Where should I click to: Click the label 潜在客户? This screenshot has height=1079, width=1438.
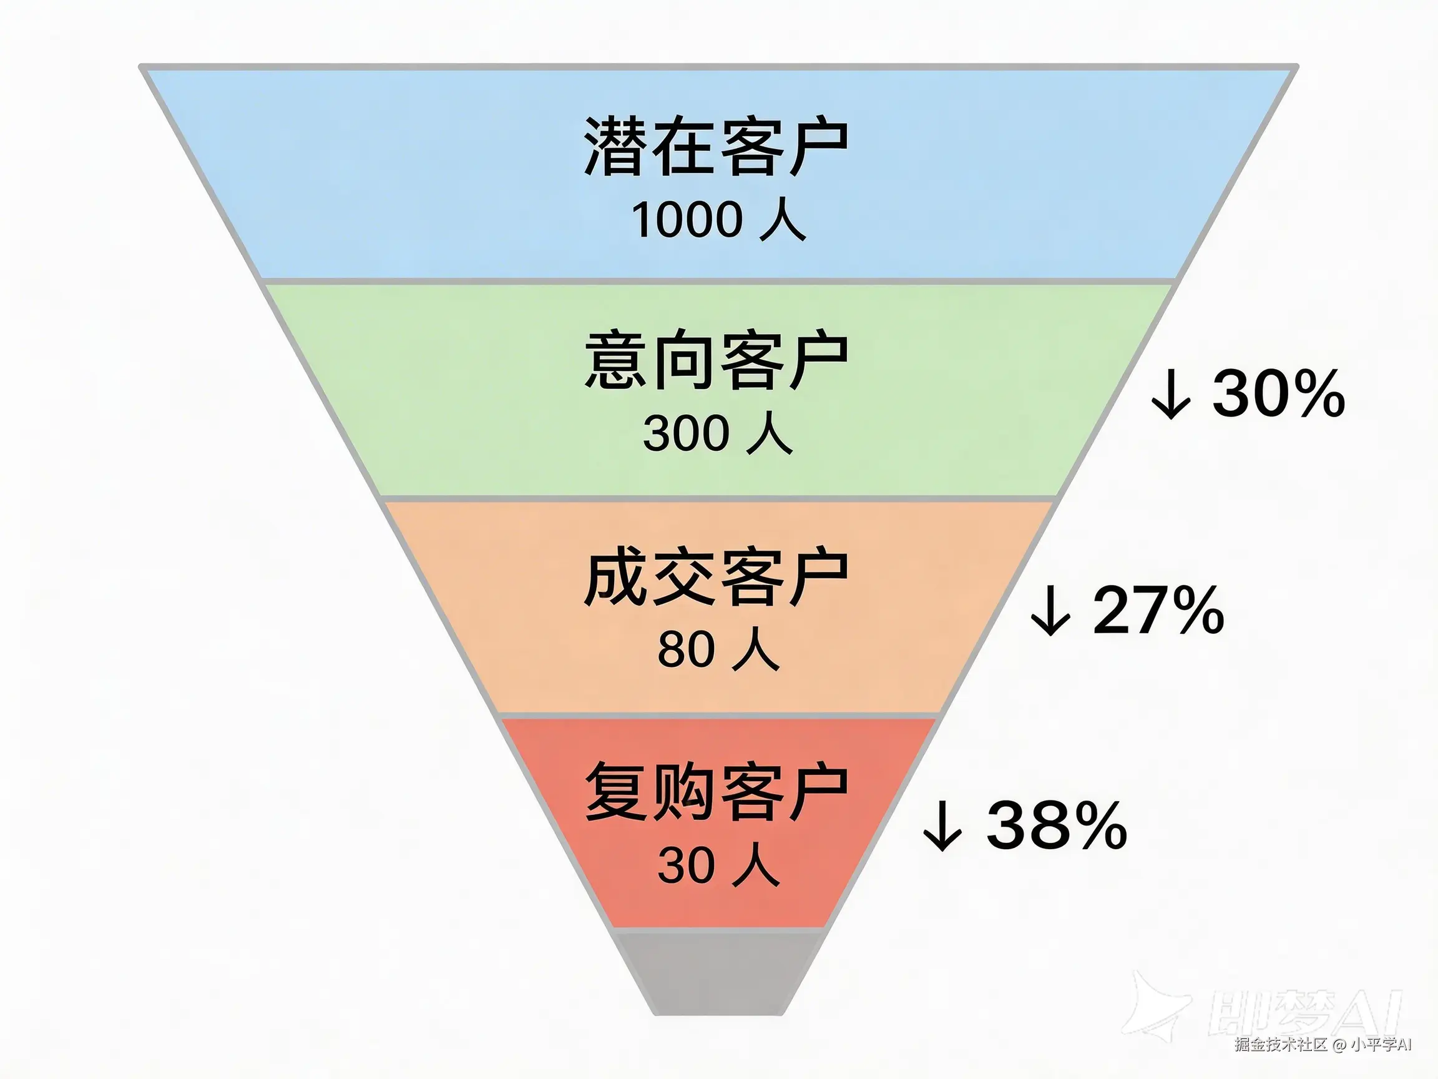tap(716, 146)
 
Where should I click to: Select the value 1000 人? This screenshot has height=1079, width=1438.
tap(718, 220)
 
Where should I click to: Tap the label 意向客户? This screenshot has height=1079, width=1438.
tap(716, 361)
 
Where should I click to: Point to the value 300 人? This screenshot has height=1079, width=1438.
tap(718, 434)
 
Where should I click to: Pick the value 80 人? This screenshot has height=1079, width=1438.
tap(718, 650)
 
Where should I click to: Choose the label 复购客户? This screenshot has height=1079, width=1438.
tap(716, 793)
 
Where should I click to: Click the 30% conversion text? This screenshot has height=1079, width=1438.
tap(1278, 393)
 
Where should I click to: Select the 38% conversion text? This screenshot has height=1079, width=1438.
tap(1057, 825)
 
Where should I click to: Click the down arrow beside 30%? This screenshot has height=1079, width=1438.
tap(1171, 395)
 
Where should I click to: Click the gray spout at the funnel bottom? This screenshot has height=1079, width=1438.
tap(718, 972)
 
